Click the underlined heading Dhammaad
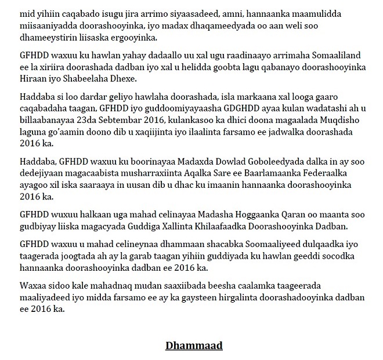[194, 346]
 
